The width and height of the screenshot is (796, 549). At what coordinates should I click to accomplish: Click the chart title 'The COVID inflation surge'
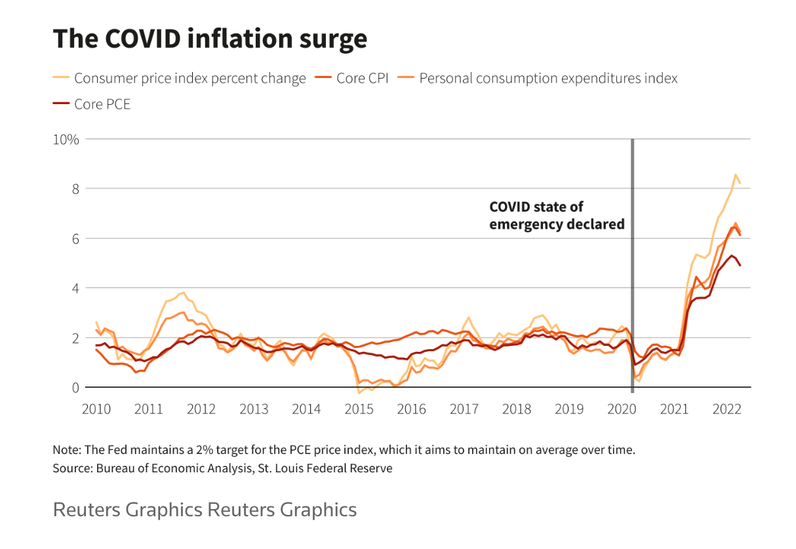tap(210, 39)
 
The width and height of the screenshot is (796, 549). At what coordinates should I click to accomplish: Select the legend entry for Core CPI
tap(362, 79)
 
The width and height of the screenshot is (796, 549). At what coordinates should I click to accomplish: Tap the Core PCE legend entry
tap(102, 104)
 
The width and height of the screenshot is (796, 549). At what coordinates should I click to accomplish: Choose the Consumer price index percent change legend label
tap(189, 79)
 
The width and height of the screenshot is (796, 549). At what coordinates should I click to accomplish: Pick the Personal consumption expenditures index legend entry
tap(548, 79)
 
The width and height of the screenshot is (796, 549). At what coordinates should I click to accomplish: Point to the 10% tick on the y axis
tap(66, 140)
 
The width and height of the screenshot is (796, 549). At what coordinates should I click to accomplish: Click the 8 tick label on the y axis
tap(75, 189)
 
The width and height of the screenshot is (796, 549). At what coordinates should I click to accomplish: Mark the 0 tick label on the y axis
tap(75, 388)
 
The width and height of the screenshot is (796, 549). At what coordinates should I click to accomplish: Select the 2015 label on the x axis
tap(359, 409)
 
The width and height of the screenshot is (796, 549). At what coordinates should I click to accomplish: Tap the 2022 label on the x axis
tap(726, 409)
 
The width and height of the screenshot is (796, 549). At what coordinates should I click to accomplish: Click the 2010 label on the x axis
tap(96, 409)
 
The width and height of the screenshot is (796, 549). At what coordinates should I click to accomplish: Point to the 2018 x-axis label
tap(517, 409)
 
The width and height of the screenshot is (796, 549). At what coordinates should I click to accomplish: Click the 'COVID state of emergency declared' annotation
tap(556, 216)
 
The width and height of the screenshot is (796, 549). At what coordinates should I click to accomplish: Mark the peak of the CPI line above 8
tap(736, 175)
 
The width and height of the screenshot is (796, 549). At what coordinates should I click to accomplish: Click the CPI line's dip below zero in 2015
tap(359, 392)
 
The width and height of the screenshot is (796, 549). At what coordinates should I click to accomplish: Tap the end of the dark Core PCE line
tap(740, 265)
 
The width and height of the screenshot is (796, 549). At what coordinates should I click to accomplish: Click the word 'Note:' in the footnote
tap(67, 451)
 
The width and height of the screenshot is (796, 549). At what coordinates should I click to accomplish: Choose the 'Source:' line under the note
tap(222, 468)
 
